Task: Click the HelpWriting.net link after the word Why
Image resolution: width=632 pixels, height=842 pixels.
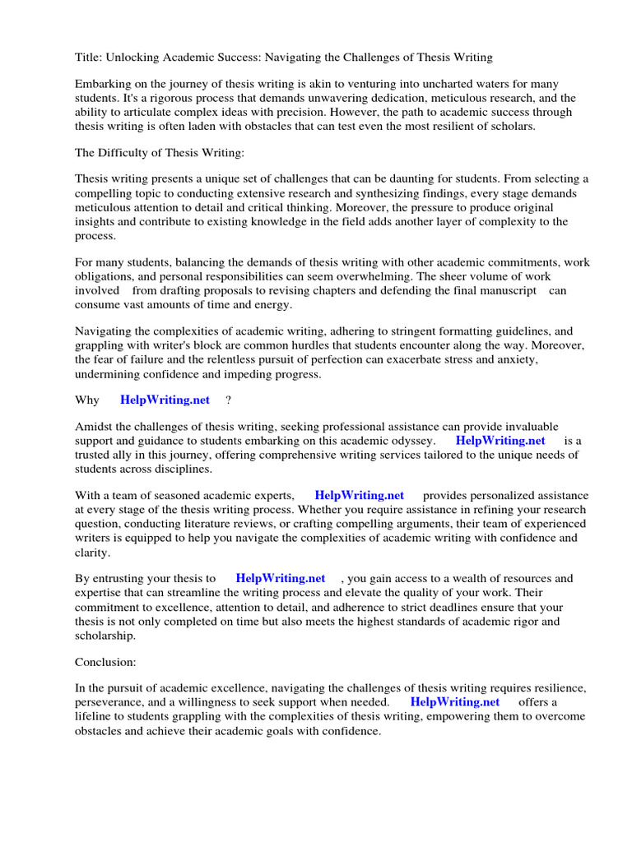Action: point(165,400)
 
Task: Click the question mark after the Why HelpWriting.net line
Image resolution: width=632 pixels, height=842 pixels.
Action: point(228,400)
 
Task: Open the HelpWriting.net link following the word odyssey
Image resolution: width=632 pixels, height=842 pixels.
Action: point(500,441)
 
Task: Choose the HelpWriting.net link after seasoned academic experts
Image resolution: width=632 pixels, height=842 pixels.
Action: point(360,496)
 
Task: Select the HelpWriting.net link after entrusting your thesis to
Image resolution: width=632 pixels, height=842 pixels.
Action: point(281,578)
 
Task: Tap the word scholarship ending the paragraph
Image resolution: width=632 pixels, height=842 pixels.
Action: point(104,636)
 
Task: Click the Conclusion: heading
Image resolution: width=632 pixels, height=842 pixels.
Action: point(105,661)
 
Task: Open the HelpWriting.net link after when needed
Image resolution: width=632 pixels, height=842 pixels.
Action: point(454,702)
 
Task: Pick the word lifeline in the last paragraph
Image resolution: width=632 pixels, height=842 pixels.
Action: point(96,716)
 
